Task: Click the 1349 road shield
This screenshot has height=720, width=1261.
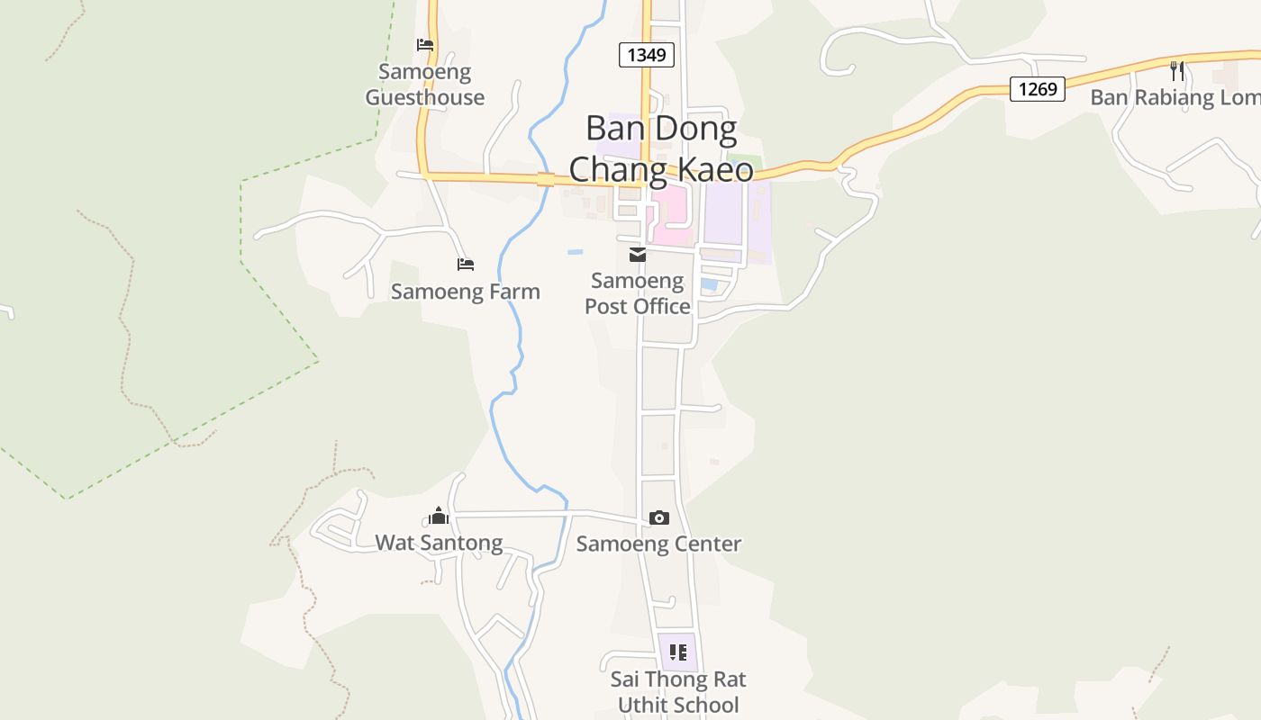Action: [647, 55]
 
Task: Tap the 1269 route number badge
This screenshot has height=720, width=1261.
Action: [1037, 89]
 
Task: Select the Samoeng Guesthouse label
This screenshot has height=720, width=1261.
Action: [424, 85]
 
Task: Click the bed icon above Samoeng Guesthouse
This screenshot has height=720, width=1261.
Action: [425, 45]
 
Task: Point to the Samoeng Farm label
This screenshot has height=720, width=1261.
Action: [465, 292]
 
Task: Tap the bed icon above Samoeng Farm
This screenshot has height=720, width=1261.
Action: [466, 265]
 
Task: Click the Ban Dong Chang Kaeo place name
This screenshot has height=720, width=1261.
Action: [661, 148]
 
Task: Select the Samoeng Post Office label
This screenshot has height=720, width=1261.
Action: [638, 293]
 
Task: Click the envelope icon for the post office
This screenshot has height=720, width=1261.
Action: [638, 256]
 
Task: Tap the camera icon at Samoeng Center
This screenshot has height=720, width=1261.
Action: [659, 517]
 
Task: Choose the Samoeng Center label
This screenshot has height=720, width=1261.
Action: [658, 544]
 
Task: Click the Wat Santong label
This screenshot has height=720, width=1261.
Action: [439, 543]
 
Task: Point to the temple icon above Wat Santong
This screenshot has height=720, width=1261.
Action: [439, 516]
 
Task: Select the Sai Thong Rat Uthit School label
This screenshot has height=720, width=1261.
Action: [677, 691]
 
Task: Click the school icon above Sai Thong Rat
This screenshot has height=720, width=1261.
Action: [677, 652]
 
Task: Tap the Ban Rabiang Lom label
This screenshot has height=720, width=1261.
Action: [1175, 97]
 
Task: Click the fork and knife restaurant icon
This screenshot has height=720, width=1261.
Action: [1176, 71]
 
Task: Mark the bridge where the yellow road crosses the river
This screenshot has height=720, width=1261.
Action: [545, 179]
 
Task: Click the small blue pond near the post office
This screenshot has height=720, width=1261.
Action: [710, 284]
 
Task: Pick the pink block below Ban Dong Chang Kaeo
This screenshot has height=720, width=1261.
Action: [674, 214]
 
